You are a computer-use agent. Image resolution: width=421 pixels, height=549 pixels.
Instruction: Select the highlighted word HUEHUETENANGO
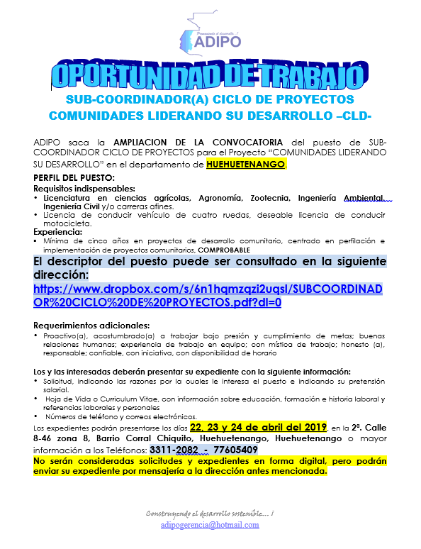pyautogui.click(x=247, y=165)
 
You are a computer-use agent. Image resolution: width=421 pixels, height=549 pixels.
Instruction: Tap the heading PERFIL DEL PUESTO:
pyautogui.click(x=74, y=177)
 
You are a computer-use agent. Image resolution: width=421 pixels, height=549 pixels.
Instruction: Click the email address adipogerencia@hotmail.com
pyautogui.click(x=210, y=525)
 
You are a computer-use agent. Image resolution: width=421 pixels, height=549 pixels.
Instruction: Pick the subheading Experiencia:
pyautogui.click(x=58, y=231)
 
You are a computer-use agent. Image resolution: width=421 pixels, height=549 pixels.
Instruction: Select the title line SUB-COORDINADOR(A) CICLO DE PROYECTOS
pyautogui.click(x=210, y=99)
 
